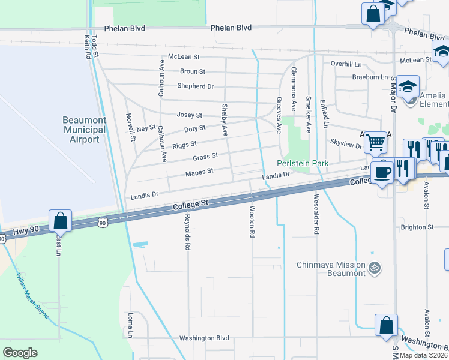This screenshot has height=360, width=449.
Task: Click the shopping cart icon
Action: tap(376, 143)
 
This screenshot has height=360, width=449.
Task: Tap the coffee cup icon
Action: tap(382, 172)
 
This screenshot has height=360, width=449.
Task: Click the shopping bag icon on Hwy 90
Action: tap(61, 221)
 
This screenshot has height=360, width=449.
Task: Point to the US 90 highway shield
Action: tap(103, 223)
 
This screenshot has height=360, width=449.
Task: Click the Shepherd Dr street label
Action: tap(196, 86)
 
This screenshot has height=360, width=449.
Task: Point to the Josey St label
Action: tap(189, 115)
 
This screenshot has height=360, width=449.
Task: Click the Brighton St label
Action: tap(417, 227)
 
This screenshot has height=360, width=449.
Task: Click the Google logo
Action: tap(20, 352)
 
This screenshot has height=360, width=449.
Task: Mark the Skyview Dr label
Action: tap(346, 145)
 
